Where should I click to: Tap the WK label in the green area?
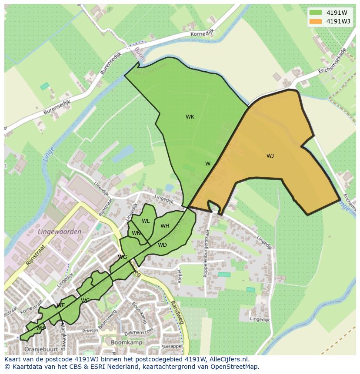click(190, 117)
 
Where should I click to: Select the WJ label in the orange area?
click(270, 156)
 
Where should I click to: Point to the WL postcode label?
click(146, 221)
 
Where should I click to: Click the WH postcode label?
click(165, 226)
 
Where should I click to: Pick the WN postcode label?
click(136, 233)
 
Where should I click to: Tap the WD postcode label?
click(162, 245)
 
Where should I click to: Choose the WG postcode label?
click(122, 257)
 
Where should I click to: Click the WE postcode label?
click(61, 305)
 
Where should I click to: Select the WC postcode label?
click(85, 301)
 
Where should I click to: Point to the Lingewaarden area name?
click(60, 232)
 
